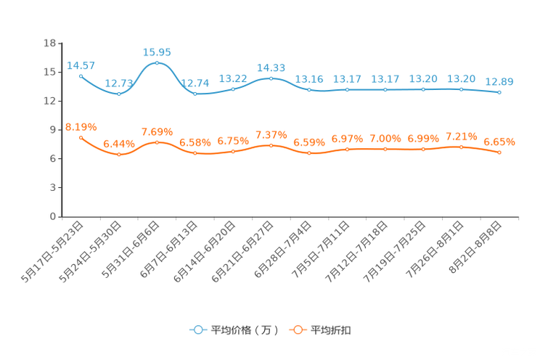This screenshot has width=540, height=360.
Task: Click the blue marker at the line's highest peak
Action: (x=157, y=63)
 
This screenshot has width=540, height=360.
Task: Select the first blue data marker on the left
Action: (x=81, y=75)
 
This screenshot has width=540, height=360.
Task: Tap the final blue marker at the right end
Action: (x=499, y=93)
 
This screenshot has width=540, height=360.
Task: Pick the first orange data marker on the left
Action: (x=81, y=137)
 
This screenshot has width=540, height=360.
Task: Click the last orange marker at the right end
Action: (x=499, y=152)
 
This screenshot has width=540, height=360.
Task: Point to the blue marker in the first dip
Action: (x=118, y=94)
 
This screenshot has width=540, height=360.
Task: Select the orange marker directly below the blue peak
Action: (x=157, y=142)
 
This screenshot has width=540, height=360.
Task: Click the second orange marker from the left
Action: (x=118, y=154)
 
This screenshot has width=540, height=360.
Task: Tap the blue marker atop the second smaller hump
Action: (x=271, y=78)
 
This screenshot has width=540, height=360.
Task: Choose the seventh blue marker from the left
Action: (x=309, y=89)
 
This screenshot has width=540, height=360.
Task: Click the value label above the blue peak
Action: (x=157, y=52)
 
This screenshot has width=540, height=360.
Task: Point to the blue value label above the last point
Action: (x=499, y=81)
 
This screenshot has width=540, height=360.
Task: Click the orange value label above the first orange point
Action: (x=81, y=127)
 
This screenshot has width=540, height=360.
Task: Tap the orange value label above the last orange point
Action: (x=499, y=142)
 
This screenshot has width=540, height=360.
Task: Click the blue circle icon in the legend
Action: (x=197, y=330)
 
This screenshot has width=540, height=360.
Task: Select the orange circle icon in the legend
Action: (x=297, y=330)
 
